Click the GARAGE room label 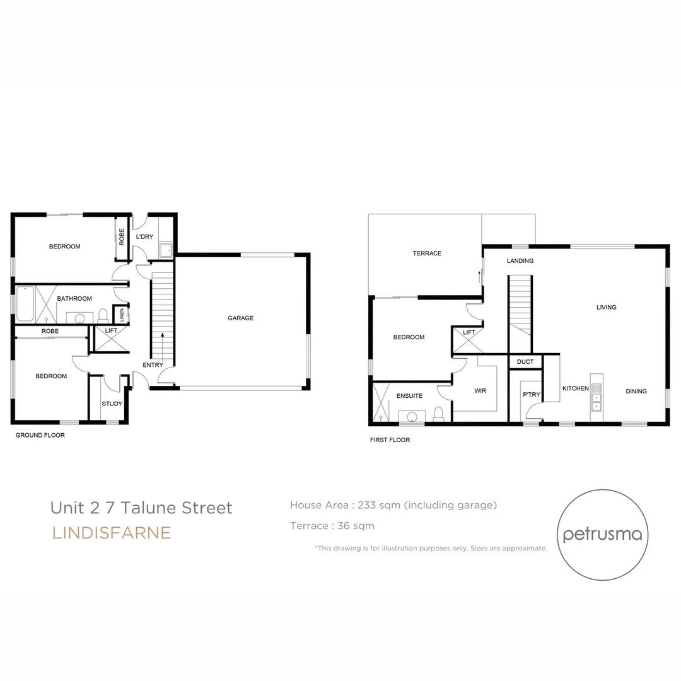pyautogui.click(x=240, y=318)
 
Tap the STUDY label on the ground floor pyautogui.click(x=112, y=404)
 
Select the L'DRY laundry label pyautogui.click(x=144, y=237)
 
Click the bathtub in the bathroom pyautogui.click(x=25, y=303)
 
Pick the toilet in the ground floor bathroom pyautogui.click(x=103, y=316)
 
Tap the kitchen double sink pyautogui.click(x=596, y=397)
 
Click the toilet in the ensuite pyautogui.click(x=439, y=413)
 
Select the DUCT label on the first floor pyautogui.click(x=525, y=362)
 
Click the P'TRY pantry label pyautogui.click(x=531, y=395)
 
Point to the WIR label pyautogui.click(x=480, y=391)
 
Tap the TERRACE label pyautogui.click(x=427, y=253)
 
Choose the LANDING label pyautogui.click(x=520, y=261)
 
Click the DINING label pyautogui.click(x=636, y=392)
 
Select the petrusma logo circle pyautogui.click(x=602, y=535)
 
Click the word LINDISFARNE pyautogui.click(x=112, y=533)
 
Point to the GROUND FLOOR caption pyautogui.click(x=40, y=435)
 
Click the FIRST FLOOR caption pyautogui.click(x=390, y=440)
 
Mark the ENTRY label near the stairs pyautogui.click(x=153, y=365)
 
